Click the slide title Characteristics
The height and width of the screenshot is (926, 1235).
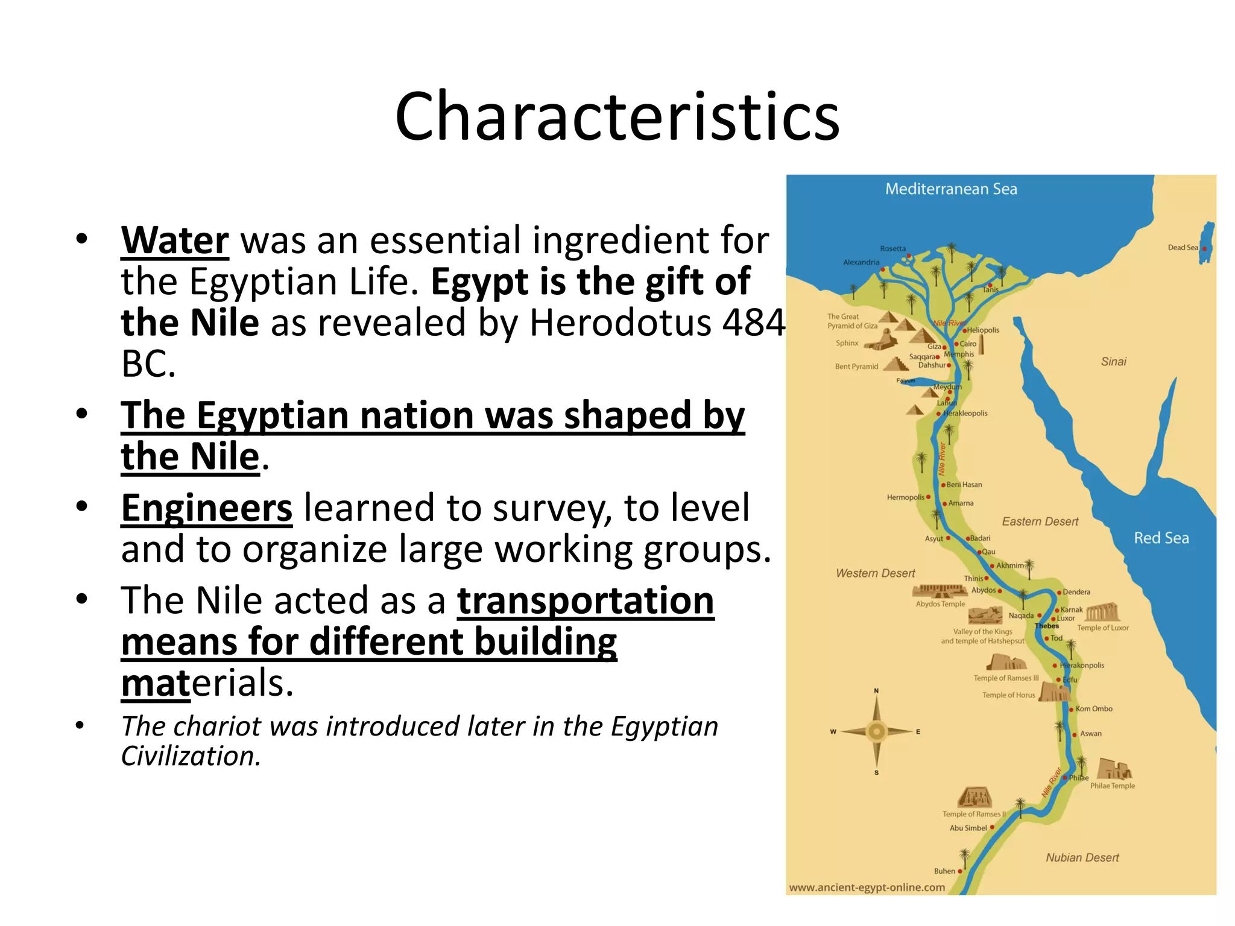(x=617, y=116)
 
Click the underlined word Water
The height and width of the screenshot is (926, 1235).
(x=175, y=241)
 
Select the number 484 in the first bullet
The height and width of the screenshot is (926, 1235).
(x=754, y=323)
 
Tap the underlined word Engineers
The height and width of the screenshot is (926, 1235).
(x=207, y=508)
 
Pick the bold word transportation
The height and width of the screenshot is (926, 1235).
(x=586, y=601)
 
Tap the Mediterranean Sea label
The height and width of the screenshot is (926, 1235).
(x=951, y=189)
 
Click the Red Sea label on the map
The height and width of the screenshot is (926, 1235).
(x=1161, y=538)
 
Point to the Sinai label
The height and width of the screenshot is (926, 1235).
(x=1113, y=362)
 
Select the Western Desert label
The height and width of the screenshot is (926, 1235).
(x=875, y=573)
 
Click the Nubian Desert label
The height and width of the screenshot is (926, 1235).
(x=1082, y=857)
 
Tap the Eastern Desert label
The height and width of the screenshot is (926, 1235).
(x=1040, y=521)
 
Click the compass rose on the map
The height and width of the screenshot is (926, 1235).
(x=876, y=731)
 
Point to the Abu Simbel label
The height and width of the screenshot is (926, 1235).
(x=968, y=828)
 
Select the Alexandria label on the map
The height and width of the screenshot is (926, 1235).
(x=861, y=262)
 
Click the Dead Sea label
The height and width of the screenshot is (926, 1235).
(x=1183, y=248)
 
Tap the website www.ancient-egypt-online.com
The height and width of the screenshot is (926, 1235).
(x=867, y=887)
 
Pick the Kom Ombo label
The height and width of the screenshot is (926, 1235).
(x=1094, y=709)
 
